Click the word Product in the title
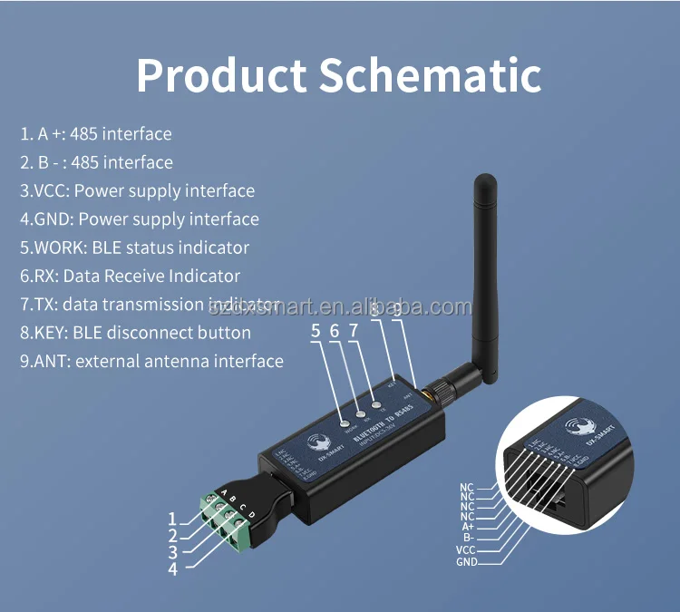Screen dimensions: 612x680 click(x=220, y=75)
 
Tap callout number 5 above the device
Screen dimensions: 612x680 click(x=316, y=332)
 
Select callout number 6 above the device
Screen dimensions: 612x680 click(x=334, y=332)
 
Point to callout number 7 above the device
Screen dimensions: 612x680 click(x=353, y=332)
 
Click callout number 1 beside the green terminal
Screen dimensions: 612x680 click(x=172, y=520)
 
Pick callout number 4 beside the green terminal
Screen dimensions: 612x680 click(x=172, y=569)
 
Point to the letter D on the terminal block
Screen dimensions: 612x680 click(x=252, y=516)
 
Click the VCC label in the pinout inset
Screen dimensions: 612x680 click(x=465, y=549)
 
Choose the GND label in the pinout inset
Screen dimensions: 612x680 click(x=466, y=562)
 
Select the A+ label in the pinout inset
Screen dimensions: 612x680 click(x=468, y=527)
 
